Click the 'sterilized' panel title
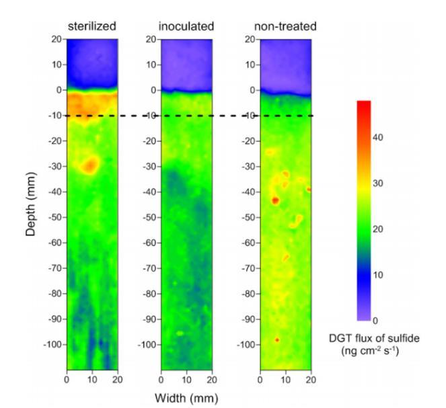91,26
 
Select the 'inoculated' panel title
186,26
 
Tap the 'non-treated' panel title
285,26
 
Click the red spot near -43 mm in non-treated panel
274,200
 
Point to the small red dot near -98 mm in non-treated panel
276,340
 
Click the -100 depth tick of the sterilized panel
52,345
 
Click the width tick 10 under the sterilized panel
92,380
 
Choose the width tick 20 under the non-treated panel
311,380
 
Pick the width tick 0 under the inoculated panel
161,380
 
